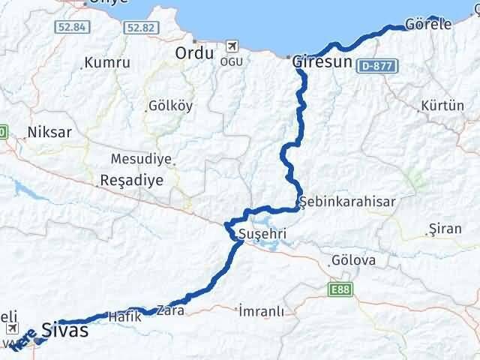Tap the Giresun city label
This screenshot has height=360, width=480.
click(322, 62)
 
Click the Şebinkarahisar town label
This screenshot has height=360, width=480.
click(346, 201)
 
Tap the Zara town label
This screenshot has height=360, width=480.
click(170, 309)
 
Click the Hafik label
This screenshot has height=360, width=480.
click(124, 316)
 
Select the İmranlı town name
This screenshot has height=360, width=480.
click(260, 310)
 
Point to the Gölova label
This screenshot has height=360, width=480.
click(352, 261)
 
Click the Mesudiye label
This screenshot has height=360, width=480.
click(141, 159)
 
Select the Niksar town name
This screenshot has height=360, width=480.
click(49, 132)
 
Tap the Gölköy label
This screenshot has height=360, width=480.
click(171, 106)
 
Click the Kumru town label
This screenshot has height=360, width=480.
click(107, 63)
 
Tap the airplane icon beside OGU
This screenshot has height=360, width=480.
click(229, 46)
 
